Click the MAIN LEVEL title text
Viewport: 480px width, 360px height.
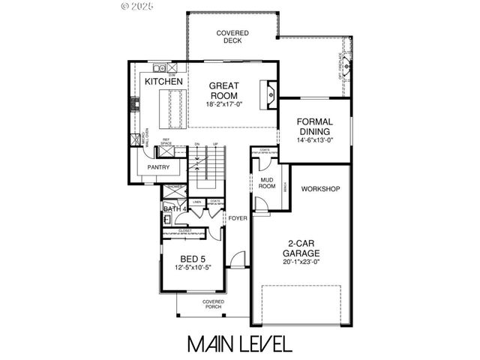click(x=239, y=343)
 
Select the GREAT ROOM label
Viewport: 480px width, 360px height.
click(x=223, y=91)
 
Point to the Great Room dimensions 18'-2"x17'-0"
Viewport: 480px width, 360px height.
click(x=223, y=104)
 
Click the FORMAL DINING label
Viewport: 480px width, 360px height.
click(x=314, y=126)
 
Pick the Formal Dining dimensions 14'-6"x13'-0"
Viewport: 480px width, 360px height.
click(x=314, y=139)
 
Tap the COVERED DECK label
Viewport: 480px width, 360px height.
click(x=232, y=37)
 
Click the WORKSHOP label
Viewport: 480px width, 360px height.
click(x=321, y=188)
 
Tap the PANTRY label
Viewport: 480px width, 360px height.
click(x=158, y=167)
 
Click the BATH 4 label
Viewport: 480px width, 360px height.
click(x=174, y=208)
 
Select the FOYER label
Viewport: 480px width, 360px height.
click(x=238, y=218)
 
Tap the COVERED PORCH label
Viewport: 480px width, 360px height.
click(x=214, y=304)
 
